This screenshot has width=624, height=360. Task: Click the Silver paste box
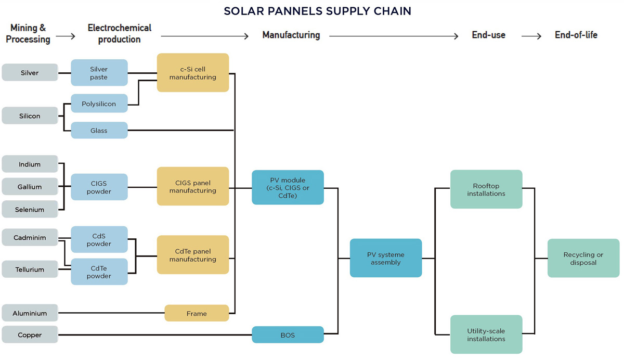pyautogui.click(x=99, y=73)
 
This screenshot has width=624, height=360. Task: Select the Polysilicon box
pyautogui.click(x=99, y=104)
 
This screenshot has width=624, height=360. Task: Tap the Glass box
pyautogui.click(x=99, y=130)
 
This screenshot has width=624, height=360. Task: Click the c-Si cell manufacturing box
pyautogui.click(x=193, y=72)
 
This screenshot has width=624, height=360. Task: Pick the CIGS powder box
pyautogui.click(x=99, y=187)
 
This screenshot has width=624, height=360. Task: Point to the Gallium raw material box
pyautogui.click(x=30, y=187)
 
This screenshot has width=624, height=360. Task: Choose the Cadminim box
pyautogui.click(x=30, y=238)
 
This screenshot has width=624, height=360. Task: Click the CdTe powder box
pyautogui.click(x=99, y=272)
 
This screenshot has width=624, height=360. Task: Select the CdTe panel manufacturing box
pyautogui.click(x=193, y=255)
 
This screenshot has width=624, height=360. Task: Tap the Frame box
pyautogui.click(x=197, y=313)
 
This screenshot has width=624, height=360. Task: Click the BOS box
pyautogui.click(x=288, y=335)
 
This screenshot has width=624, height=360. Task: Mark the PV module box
pyautogui.click(x=288, y=187)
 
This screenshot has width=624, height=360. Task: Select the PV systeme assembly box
pyautogui.click(x=386, y=258)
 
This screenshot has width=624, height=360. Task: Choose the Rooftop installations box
pyautogui.click(x=486, y=189)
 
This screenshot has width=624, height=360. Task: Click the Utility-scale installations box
pyautogui.click(x=486, y=335)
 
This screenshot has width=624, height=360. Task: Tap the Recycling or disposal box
pyautogui.click(x=583, y=258)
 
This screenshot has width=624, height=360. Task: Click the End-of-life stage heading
pyautogui.click(x=576, y=35)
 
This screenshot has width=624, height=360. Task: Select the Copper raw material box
pyautogui.click(x=30, y=335)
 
